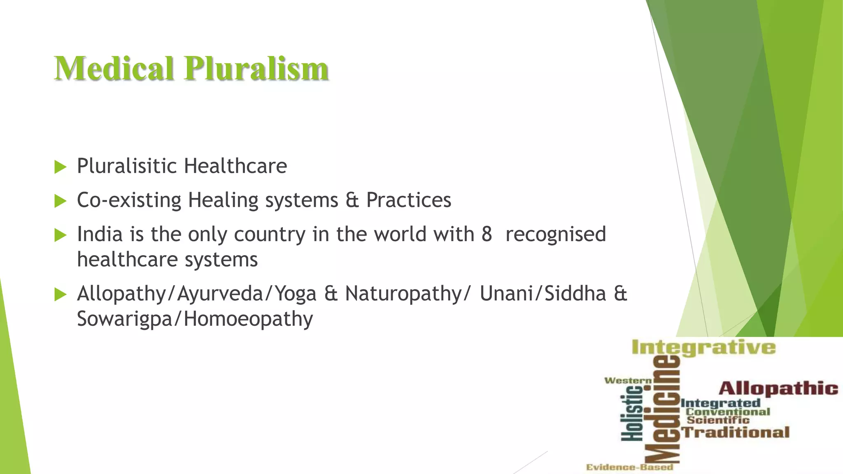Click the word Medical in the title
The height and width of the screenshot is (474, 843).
point(114,68)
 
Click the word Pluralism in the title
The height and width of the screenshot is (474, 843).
point(256,68)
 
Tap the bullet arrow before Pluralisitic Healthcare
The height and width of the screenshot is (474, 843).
point(60,167)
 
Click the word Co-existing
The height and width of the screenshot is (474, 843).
point(129,200)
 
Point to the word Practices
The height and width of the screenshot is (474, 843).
point(408,200)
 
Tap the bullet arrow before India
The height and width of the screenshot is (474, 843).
point(60,235)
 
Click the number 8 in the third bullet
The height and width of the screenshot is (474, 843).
point(487,234)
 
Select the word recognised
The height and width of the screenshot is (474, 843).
point(555,235)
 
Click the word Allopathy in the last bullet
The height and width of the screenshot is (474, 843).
point(121,294)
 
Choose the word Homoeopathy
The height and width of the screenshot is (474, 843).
point(248,319)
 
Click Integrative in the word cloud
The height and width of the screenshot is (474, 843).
point(703,348)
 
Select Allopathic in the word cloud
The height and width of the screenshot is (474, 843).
point(778,388)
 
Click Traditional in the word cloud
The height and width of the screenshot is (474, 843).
point(736,432)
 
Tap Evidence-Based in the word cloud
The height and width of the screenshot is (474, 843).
point(630,467)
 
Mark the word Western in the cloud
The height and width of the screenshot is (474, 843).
point(628,381)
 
